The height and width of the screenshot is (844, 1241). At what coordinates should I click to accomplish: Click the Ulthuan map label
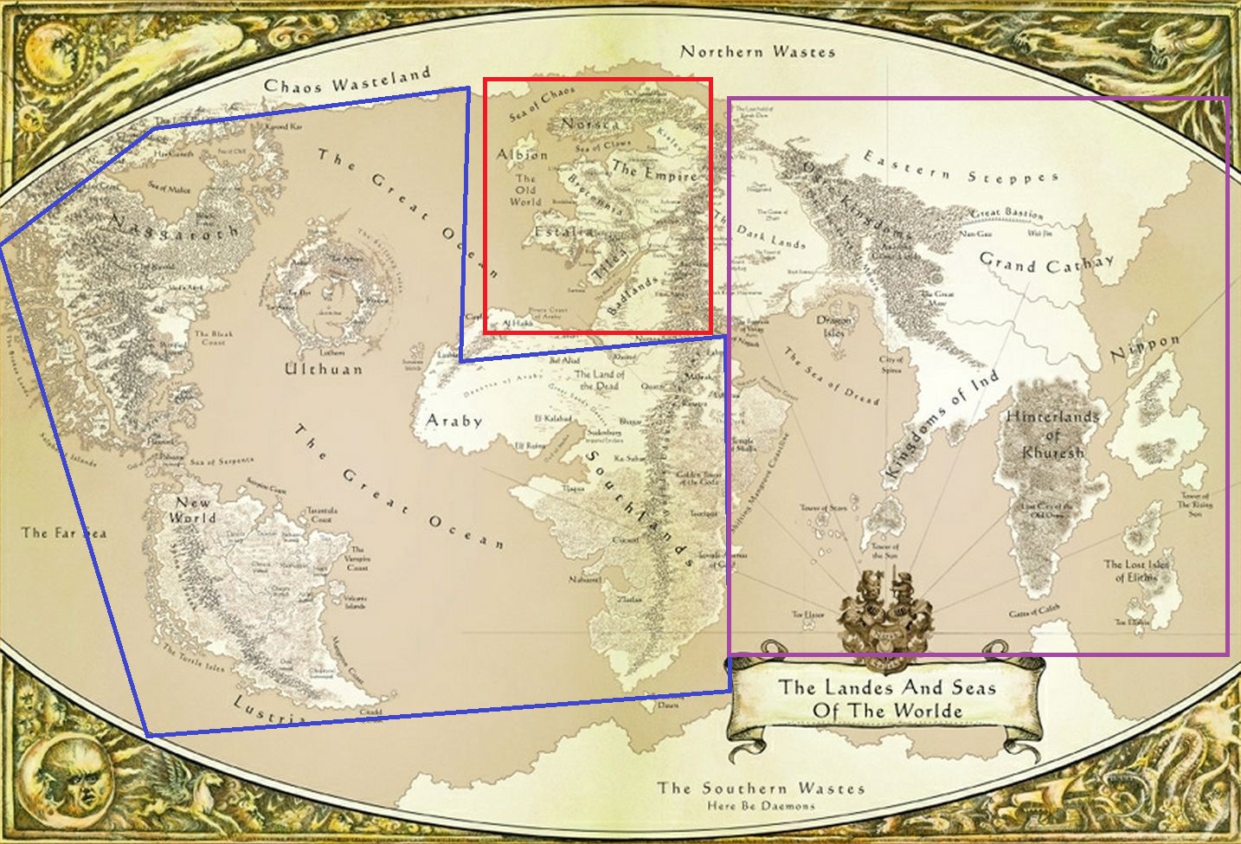[324, 370]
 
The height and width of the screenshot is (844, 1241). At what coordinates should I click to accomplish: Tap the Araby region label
[453, 422]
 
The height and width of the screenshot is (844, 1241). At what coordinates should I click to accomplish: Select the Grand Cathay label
[1046, 262]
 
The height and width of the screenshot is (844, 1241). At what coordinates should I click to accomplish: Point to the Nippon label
[1144, 348]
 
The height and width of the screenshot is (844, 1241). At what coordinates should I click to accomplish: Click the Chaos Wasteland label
[346, 81]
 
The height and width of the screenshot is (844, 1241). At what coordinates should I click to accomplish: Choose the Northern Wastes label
[757, 52]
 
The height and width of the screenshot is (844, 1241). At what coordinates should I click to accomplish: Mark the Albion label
[522, 155]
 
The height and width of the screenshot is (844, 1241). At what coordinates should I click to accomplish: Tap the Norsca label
[589, 125]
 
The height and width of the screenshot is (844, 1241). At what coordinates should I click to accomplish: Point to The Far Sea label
[64, 532]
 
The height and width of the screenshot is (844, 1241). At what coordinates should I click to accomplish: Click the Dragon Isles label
[834, 326]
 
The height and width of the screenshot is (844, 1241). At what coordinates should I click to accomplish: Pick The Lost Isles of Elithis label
[1136, 570]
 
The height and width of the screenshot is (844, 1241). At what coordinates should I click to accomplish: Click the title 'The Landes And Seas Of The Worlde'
[886, 699]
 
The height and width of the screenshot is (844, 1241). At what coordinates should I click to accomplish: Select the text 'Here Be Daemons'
[761, 805]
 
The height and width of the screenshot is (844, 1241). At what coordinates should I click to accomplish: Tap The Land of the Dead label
[599, 380]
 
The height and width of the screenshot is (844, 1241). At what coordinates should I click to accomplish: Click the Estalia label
[563, 232]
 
